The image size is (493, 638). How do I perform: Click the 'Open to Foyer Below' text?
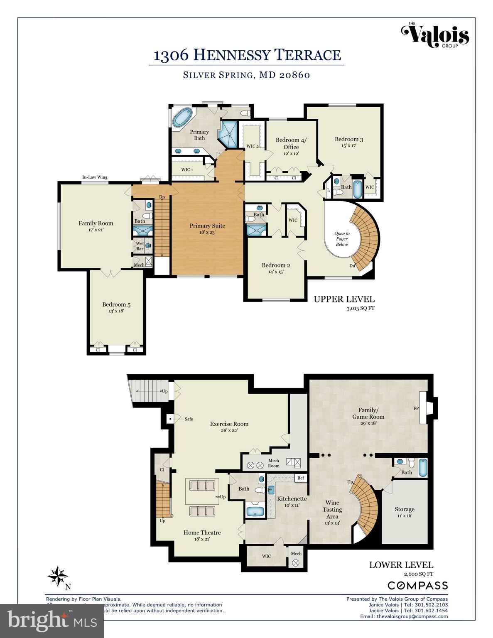[x=342, y=239]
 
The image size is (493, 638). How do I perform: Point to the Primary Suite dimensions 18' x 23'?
[x=207, y=233]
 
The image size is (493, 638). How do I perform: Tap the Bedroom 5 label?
[x=116, y=304]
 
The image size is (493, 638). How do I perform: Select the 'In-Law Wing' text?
[x=95, y=177]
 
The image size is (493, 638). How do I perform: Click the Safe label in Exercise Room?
[x=189, y=419]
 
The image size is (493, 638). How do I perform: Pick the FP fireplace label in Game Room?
[x=416, y=408]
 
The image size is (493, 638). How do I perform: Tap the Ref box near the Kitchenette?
[x=301, y=478]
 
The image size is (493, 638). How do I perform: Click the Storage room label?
[x=404, y=509]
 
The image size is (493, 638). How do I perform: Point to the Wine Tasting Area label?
[x=332, y=509]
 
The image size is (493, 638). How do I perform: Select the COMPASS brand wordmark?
[x=417, y=586]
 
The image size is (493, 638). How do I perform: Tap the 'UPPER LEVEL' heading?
[x=344, y=299]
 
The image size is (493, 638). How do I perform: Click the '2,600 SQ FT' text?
[x=418, y=574]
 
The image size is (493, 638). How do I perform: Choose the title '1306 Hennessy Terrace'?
[x=247, y=55]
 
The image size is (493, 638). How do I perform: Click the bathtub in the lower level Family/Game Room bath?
[x=422, y=468]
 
